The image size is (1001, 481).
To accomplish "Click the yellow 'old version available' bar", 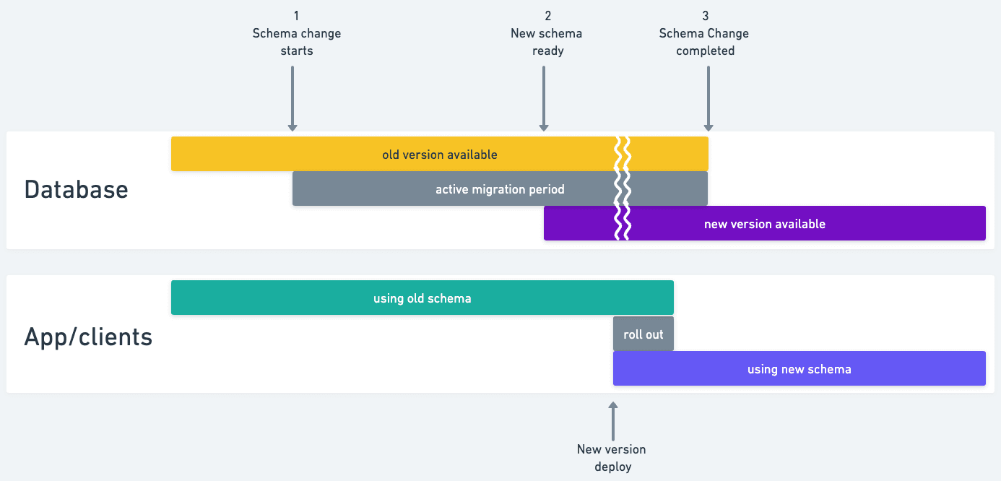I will coord(439,154).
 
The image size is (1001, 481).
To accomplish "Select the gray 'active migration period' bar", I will coord(500,188).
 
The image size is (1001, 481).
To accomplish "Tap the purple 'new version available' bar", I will coord(764,223).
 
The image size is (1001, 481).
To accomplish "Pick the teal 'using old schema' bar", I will coord(422,298).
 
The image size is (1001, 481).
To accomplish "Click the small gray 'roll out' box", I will coord(643,334).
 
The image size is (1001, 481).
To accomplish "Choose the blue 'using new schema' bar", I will coord(799,368).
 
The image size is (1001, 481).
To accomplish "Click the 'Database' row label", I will coord(76,189).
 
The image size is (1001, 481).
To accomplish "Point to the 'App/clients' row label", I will coord(88,337).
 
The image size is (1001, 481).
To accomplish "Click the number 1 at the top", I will coord(296,15).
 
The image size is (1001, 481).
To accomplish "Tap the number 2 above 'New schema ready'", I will coord(547,15).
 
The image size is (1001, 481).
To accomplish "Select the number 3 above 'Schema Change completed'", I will coord(705,15).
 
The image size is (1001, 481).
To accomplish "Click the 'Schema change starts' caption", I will coord(296,42).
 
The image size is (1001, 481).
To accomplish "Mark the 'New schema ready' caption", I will coord(547,42).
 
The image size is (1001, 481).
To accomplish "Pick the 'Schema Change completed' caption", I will coord(705,42).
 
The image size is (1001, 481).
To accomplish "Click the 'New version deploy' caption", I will coord(612,457).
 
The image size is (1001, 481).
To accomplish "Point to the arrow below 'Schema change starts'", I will coord(292,98).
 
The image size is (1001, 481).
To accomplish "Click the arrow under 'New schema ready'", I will coord(544,98).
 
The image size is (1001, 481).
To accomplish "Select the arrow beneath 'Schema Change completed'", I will coord(708,98).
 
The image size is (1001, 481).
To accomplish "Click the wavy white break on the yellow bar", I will coord(622,154).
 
